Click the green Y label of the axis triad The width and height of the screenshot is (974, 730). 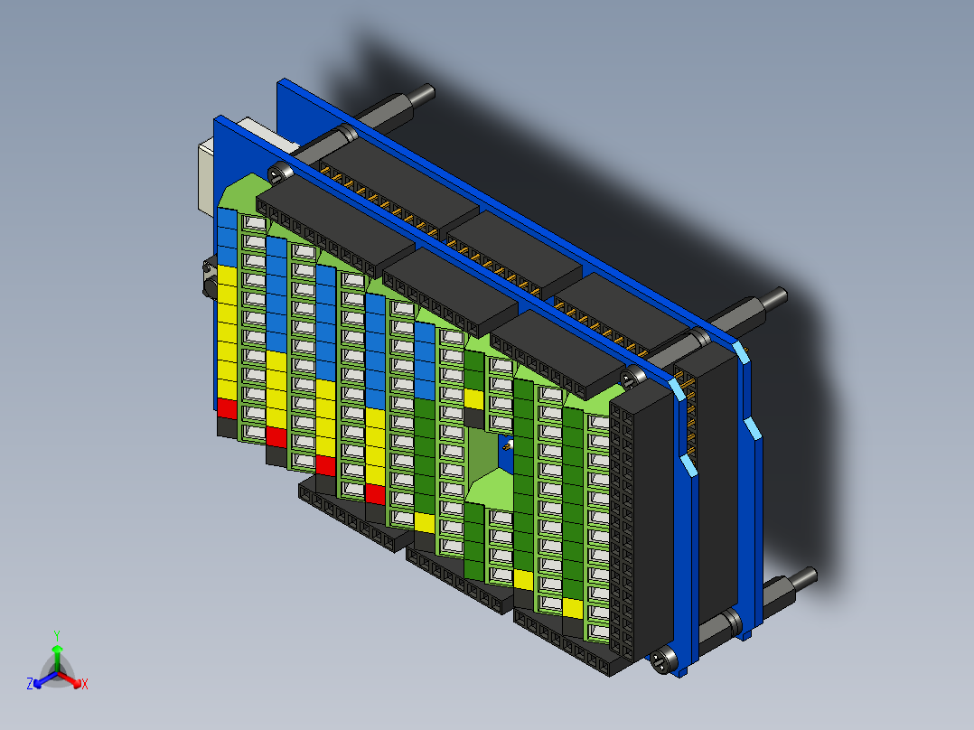pos(57,635)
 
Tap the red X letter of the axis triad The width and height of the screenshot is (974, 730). pos(84,684)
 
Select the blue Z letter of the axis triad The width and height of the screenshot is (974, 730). pos(30,684)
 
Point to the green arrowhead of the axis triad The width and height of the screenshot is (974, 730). pos(57,650)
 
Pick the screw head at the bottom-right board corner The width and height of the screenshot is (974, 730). pos(664,661)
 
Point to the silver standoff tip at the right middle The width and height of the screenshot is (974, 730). pos(774,296)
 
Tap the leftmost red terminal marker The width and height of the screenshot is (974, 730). pos(227,408)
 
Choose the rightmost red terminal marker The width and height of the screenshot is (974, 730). pos(375,493)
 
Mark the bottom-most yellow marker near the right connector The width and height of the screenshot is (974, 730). pos(572,608)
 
